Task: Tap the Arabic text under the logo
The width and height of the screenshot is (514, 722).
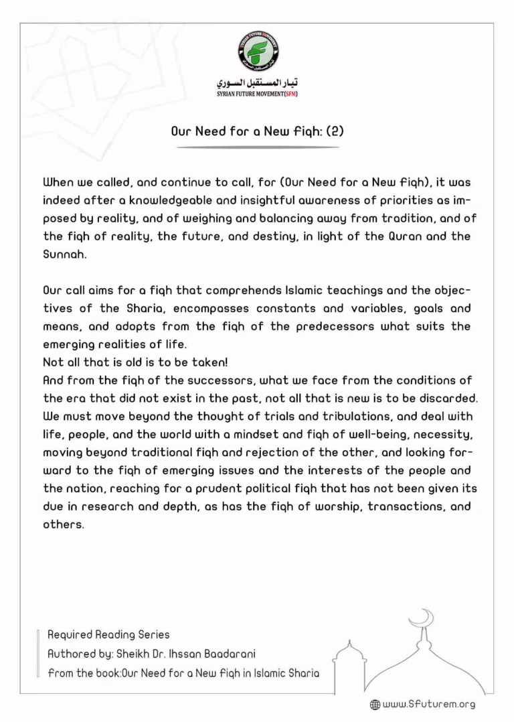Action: (x=258, y=83)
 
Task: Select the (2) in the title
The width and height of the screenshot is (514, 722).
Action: (x=334, y=131)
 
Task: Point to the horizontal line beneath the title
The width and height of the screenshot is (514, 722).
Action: (x=258, y=147)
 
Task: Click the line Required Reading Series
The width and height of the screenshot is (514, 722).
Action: (x=108, y=634)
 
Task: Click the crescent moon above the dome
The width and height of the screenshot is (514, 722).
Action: (x=423, y=618)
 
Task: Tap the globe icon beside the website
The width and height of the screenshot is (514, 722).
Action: (x=375, y=705)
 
